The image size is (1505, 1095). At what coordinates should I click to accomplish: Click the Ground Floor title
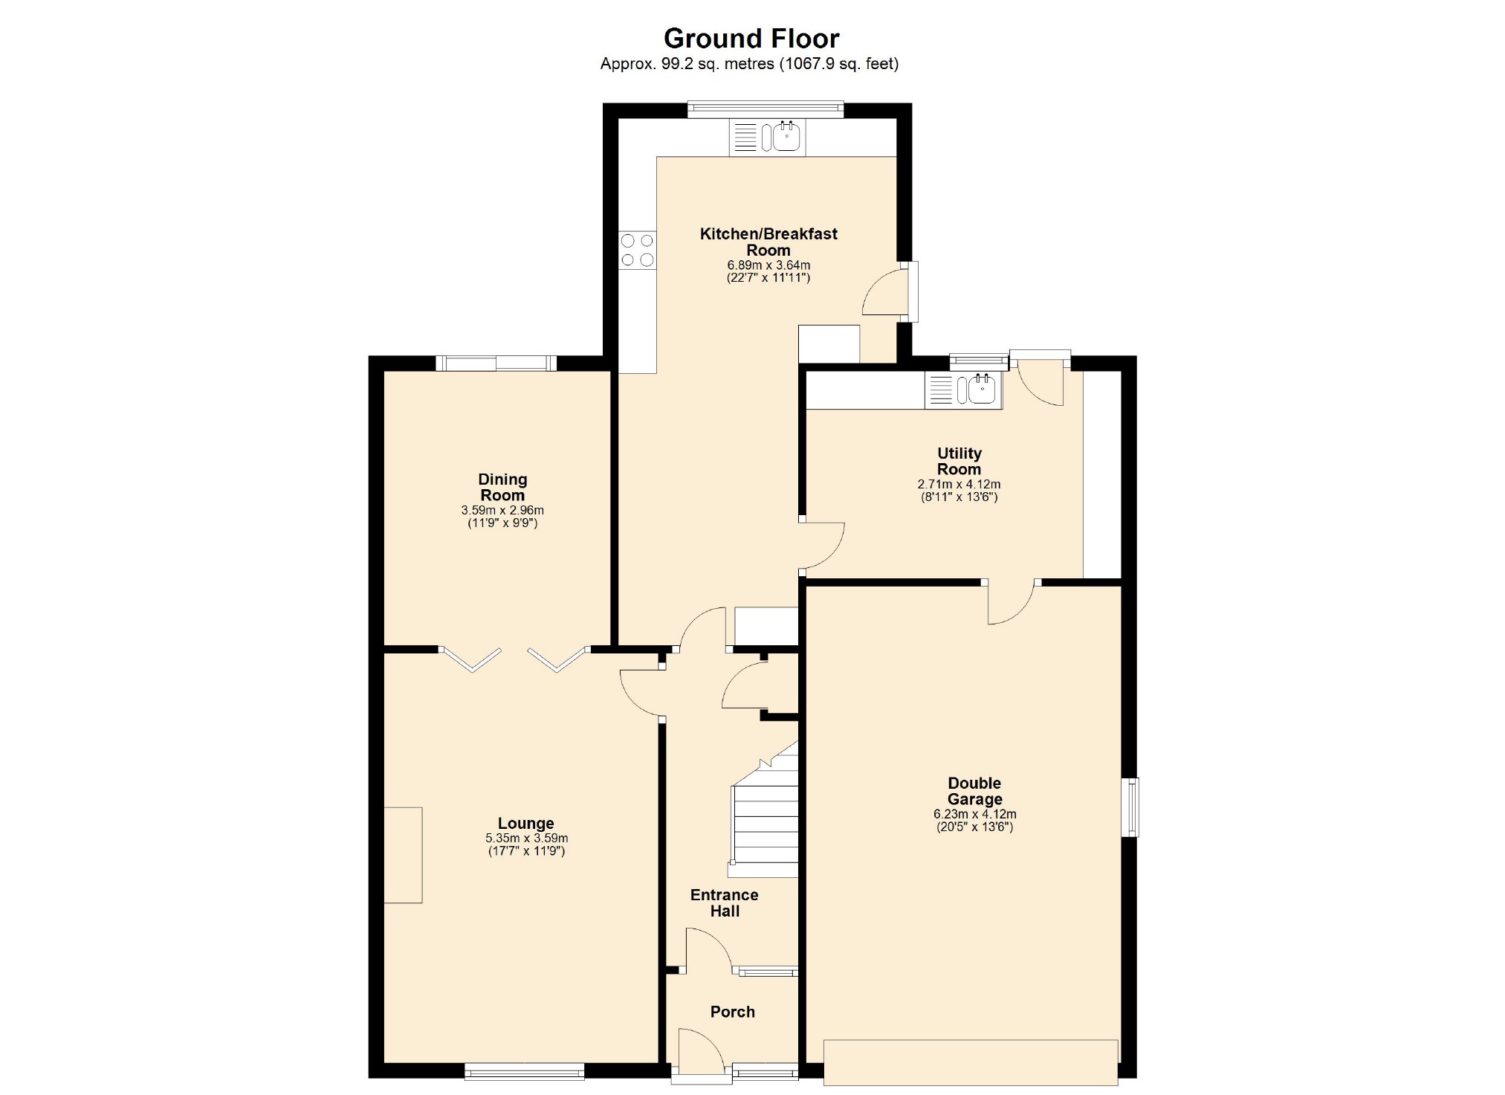(751, 38)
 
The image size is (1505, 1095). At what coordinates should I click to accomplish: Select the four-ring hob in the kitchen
(638, 250)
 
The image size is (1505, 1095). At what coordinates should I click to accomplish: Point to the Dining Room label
(502, 488)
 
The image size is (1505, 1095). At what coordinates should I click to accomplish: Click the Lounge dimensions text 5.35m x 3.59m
(526, 838)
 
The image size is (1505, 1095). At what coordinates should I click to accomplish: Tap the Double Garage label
(974, 791)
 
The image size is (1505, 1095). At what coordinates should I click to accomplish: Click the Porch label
(732, 1012)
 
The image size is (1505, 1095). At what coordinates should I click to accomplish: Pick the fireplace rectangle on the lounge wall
(403, 855)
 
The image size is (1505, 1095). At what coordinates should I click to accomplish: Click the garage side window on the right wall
(1130, 807)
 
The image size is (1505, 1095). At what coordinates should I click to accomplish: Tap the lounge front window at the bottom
(524, 1071)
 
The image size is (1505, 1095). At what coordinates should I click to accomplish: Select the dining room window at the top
(496, 363)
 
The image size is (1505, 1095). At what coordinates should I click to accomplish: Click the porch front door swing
(699, 1050)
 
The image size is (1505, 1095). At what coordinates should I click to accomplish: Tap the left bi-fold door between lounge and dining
(470, 659)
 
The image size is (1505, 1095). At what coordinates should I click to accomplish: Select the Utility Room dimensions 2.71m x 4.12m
(959, 484)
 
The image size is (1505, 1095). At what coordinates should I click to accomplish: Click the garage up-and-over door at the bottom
(971, 1062)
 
